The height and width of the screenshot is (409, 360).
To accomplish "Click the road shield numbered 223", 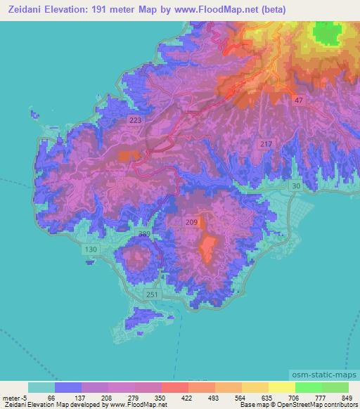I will tap(136, 121).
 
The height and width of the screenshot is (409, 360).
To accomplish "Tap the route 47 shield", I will tap(300, 101).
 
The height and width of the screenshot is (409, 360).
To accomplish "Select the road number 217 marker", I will tap(266, 144).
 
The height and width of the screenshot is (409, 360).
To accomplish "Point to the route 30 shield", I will tap(296, 186).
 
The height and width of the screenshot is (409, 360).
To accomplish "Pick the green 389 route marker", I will tap(144, 233).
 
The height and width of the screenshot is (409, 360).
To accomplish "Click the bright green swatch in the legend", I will tap(308, 387).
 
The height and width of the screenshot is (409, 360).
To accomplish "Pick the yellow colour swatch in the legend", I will tap(281, 387).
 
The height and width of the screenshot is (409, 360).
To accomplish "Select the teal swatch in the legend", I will tap(41, 387).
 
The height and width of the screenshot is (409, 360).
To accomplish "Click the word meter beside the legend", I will tap(12, 397).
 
